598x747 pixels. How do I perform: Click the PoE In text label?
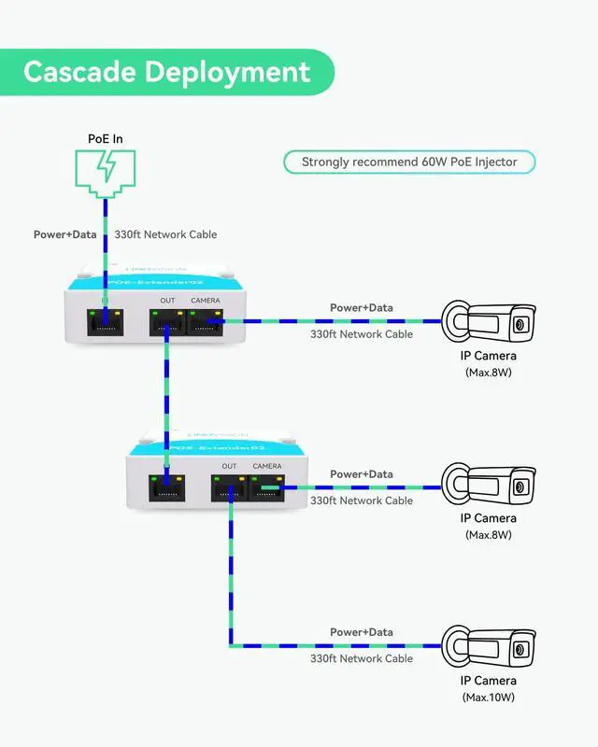(x=106, y=139)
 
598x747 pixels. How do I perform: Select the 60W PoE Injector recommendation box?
(x=409, y=162)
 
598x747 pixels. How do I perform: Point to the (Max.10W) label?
(x=489, y=698)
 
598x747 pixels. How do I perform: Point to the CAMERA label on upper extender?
(x=206, y=301)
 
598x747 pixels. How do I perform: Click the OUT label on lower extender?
(x=229, y=466)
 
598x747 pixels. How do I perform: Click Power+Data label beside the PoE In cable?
(x=64, y=234)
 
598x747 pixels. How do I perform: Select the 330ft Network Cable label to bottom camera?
(x=362, y=658)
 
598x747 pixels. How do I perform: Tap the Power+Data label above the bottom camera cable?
(x=362, y=632)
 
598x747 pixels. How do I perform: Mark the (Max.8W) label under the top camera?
(x=489, y=373)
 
